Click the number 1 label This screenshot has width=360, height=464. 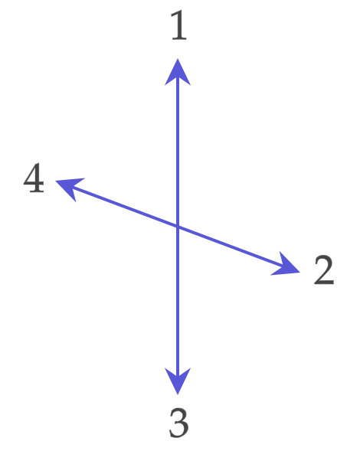coord(179,25)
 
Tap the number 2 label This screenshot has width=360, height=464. coord(324,270)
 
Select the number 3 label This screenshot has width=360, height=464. coord(178,423)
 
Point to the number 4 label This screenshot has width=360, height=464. coord(34,178)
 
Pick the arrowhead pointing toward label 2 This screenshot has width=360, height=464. coord(286,265)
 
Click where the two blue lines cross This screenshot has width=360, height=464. coord(178,227)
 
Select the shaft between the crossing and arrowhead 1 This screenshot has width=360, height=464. coord(178,151)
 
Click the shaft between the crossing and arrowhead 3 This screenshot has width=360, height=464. coord(178,302)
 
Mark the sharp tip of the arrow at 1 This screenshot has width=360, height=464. coord(178,59)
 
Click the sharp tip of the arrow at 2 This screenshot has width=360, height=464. coord(300,272)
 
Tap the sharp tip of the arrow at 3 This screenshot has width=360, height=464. coord(178,394)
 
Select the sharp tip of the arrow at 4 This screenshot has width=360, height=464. coord(56,181)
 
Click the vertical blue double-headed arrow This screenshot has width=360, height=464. coord(178,227)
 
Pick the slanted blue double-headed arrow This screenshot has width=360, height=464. coord(178,227)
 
